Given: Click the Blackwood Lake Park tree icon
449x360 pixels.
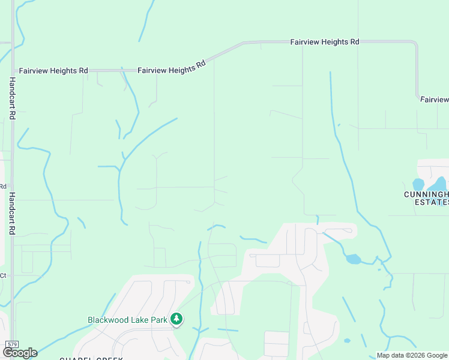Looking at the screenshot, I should pos(176,319).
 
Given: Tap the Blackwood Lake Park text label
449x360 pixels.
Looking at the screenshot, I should pos(127,320).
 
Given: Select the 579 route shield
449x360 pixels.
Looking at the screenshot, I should pos(12,344).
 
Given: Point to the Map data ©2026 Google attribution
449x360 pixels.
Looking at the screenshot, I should pos(412,355).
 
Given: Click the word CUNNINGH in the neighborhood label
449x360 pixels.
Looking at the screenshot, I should pos(426,194).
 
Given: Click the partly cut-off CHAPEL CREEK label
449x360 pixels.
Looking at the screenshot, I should pos(91,358).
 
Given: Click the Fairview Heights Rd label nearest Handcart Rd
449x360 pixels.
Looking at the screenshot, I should pos(53,71).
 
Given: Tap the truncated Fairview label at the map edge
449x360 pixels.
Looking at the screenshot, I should pos(434,100).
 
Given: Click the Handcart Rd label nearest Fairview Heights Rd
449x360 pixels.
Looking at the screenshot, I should pos(12,100).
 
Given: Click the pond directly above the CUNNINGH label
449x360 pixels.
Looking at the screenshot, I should pos(418,184).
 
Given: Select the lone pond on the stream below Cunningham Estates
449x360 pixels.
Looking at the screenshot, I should pos(354,259).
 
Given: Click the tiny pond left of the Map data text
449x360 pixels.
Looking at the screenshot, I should pos(348,341).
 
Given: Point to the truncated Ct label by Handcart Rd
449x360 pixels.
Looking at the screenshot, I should pos(2,275).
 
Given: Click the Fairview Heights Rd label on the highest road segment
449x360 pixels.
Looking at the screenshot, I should pos(324,43).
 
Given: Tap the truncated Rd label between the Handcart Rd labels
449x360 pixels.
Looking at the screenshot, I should pos(2,187).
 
